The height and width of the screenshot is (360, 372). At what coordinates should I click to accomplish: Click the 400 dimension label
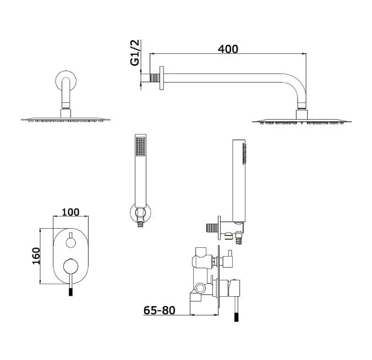(x=228, y=49)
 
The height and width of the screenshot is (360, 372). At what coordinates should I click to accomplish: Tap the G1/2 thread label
(x=135, y=53)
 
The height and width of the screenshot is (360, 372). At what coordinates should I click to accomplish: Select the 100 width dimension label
(x=70, y=212)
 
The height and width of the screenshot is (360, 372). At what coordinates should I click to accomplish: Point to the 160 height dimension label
(x=36, y=256)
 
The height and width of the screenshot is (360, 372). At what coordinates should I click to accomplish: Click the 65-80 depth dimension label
(x=160, y=310)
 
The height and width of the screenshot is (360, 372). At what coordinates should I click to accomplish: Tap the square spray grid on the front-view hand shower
(x=140, y=147)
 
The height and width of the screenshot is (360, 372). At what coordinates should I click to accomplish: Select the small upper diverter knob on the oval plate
(x=70, y=243)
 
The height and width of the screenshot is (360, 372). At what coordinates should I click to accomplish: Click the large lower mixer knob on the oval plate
(x=70, y=266)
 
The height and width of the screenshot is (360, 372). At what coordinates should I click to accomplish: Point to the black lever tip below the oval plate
(x=70, y=292)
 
